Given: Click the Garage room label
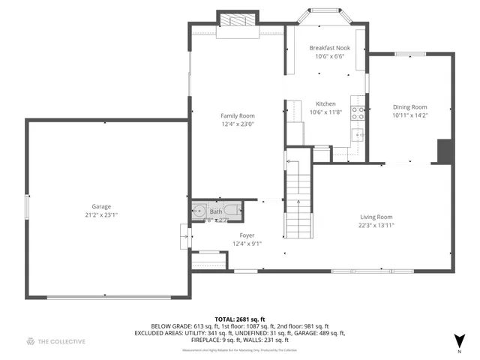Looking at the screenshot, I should (101, 206).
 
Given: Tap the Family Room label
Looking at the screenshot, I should (237, 115).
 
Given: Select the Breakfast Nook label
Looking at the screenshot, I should (329, 48).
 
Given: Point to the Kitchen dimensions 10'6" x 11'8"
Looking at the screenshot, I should (325, 112).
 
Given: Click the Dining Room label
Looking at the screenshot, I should (409, 106).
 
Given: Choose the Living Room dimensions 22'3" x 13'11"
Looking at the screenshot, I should (376, 225).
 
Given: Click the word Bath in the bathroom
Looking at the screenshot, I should (216, 212).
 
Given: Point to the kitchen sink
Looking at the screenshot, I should (358, 134).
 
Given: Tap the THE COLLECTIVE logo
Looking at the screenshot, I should (56, 342).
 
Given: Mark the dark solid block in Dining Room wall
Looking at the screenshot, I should (444, 151).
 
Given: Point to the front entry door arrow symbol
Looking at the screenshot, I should (184, 236).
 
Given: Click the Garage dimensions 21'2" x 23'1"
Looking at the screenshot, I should (101, 214).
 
